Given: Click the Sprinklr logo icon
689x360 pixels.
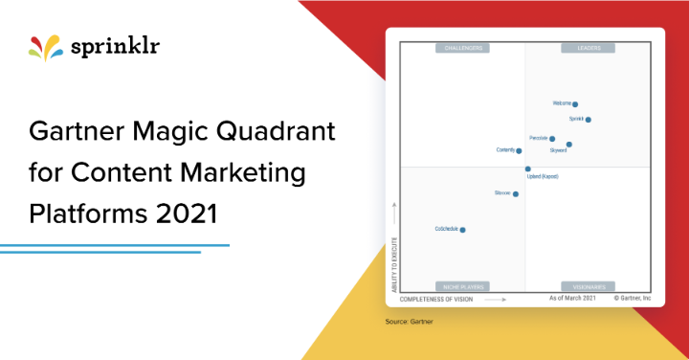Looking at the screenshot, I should coord(46,48).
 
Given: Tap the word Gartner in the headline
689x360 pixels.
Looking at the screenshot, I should coord(82,132).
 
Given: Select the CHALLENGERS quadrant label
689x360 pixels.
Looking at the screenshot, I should coord(462,47).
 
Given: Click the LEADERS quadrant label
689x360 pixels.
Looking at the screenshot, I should coord(588,47).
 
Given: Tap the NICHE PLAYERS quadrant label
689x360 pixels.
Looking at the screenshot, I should coord(462,286).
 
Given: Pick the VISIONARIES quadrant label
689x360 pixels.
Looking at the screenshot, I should coord(588,286).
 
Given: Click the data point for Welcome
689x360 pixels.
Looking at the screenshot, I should coord(575,104).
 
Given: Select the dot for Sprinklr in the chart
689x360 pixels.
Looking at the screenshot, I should coord(588,120).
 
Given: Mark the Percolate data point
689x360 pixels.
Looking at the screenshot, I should coord(552,139).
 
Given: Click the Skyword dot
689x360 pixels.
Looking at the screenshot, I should coord(569,145).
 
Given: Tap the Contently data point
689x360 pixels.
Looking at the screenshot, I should coord(519,150).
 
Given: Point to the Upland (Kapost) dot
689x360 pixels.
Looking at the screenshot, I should coord(527,169).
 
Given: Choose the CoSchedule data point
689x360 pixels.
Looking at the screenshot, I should coord(462,230).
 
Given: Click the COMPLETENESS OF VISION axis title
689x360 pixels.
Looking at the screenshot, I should coord(436,299).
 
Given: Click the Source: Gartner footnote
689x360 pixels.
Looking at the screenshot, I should coord(409,322).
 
